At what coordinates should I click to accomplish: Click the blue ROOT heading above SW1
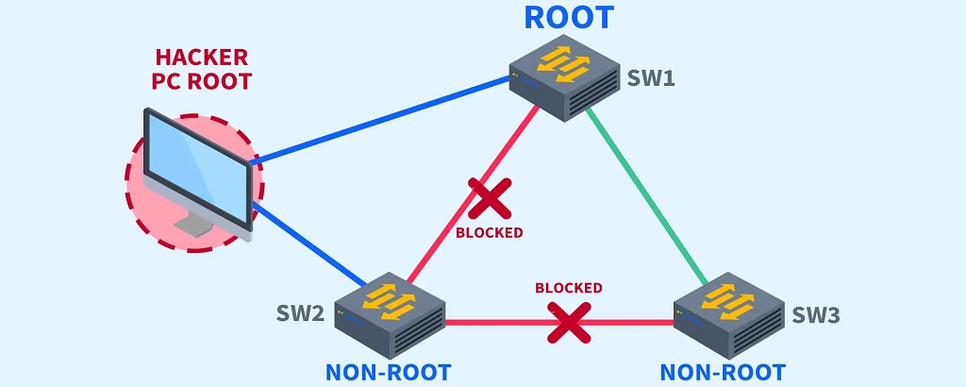pos(568,17)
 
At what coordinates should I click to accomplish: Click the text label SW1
pos(651,77)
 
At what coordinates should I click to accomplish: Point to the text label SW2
pos(300,313)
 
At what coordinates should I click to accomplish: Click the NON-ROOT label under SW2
pos(388,372)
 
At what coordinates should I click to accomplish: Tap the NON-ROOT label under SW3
pos(723,372)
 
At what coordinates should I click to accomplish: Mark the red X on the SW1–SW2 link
pos(490,198)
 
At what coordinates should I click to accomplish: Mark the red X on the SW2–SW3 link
pos(569,322)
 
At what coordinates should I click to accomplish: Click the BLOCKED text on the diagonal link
pos(489,232)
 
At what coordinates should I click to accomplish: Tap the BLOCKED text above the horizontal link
pos(568,288)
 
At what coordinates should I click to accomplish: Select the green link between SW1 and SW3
pos(646,197)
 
